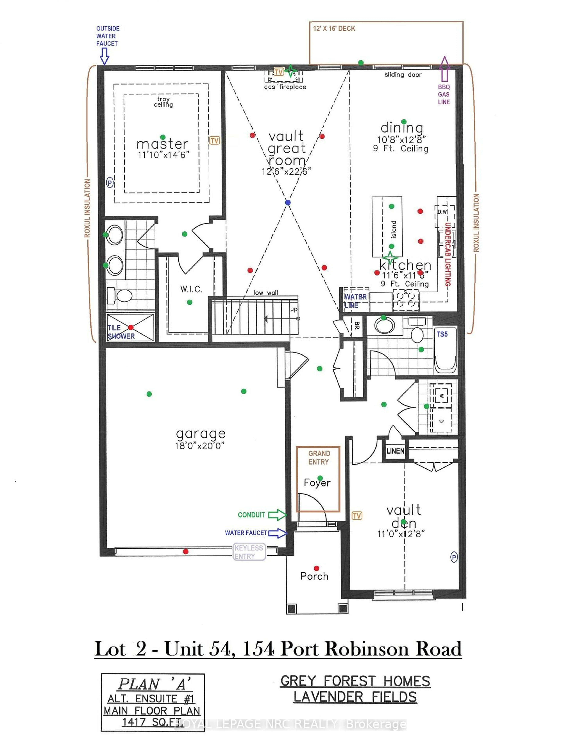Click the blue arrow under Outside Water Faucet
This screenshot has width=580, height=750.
pos(105,56)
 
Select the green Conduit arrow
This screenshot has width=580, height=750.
pos(277,515)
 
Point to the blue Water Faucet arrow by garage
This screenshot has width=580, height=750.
pos(277,533)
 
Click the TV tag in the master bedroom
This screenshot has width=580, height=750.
pos(214,140)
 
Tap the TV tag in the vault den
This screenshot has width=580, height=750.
pos(357,516)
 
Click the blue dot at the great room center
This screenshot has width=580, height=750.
pos(288,203)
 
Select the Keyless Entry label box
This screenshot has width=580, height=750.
pos(249,552)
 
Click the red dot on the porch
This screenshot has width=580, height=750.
pos(316,568)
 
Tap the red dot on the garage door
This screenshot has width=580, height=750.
pos(185,551)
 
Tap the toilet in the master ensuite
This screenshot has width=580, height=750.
pos(120,295)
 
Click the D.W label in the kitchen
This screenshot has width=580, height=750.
pos(443,212)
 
